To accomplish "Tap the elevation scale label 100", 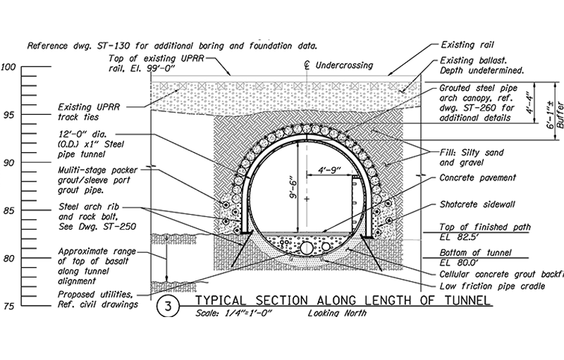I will click(x=9, y=68).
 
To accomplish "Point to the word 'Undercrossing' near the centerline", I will click(x=343, y=65).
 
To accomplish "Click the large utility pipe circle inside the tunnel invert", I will click(x=307, y=249).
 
